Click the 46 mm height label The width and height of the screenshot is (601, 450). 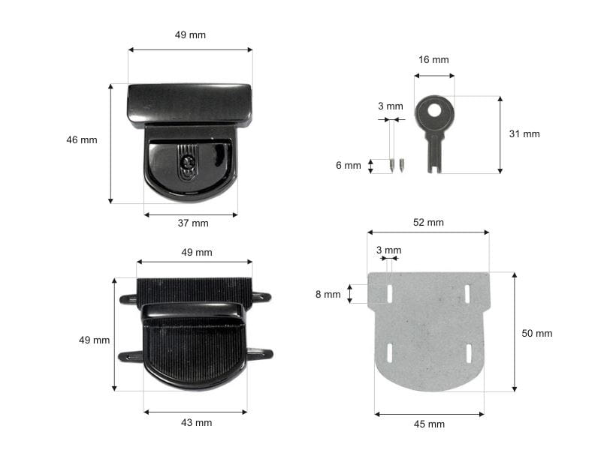[x=82, y=140]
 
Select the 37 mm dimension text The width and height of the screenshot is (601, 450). [x=193, y=223]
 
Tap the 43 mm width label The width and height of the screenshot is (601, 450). [x=197, y=423]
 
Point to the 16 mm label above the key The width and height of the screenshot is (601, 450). [x=433, y=60]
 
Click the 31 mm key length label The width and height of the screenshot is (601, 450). [x=524, y=134]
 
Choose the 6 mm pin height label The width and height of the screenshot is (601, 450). [x=349, y=165]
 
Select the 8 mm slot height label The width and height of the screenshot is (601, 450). [x=328, y=294]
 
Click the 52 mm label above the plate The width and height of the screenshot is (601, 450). [x=428, y=222]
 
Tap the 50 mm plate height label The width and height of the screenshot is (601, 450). [x=537, y=333]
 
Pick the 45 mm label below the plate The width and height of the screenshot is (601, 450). [x=429, y=424]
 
